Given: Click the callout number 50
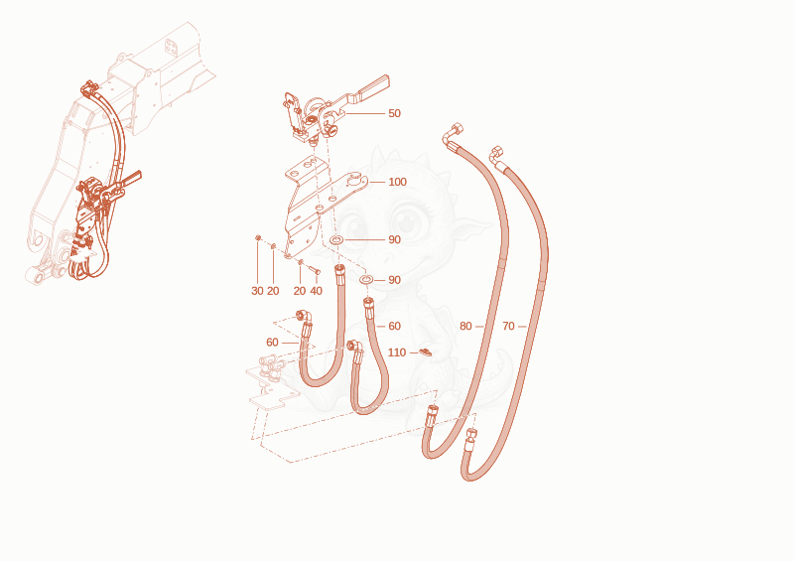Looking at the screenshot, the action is tap(394, 113).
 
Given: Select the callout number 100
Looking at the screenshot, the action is tap(398, 182).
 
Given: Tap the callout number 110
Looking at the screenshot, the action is tap(397, 352).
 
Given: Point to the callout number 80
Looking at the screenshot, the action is tap(465, 327).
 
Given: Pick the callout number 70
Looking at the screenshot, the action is tap(508, 327).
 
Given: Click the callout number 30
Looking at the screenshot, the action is tap(257, 291).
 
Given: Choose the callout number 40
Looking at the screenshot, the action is tap(316, 291).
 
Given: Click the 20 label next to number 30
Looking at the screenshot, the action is tap(273, 291).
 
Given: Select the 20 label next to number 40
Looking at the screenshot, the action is tap(300, 291).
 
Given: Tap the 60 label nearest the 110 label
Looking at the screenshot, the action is tap(394, 327).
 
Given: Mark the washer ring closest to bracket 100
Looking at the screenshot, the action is tap(335, 239).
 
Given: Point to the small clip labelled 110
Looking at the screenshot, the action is tap(426, 351).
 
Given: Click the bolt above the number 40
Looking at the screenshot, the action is tap(315, 270).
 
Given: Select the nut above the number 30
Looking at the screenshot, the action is tap(258, 237).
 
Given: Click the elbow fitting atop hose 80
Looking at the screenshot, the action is tap(452, 134).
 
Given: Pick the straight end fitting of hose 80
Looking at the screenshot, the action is tap(432, 417).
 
